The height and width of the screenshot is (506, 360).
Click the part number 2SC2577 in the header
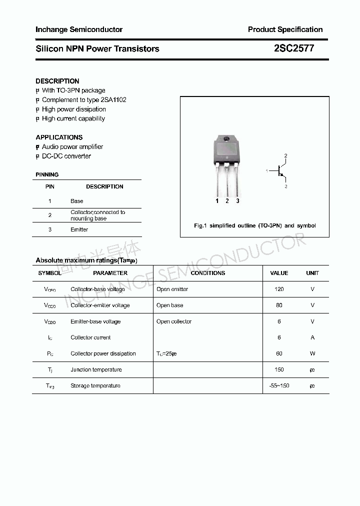point(294,48)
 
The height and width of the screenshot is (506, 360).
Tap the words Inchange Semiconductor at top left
point(79,29)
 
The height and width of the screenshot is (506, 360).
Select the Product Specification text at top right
point(285,29)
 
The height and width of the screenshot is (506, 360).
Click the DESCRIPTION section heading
point(57,81)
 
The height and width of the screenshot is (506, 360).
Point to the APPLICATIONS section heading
point(59,137)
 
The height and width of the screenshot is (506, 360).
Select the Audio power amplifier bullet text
point(72,146)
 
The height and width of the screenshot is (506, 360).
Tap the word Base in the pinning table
point(77,201)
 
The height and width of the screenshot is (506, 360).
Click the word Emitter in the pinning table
point(79,229)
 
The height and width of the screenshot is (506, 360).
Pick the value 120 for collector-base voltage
point(279,289)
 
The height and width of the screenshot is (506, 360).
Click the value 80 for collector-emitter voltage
point(279,305)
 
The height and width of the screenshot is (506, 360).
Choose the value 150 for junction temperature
point(279,369)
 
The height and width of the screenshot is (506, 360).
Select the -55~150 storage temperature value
point(279,385)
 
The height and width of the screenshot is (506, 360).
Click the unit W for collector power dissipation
point(312,353)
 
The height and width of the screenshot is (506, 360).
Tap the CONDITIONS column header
point(208,273)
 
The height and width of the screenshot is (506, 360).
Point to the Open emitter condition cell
point(172,289)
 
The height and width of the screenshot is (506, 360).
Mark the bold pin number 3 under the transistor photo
point(237,201)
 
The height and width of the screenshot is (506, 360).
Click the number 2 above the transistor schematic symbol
point(285,156)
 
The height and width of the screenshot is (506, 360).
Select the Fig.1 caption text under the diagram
point(254,225)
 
